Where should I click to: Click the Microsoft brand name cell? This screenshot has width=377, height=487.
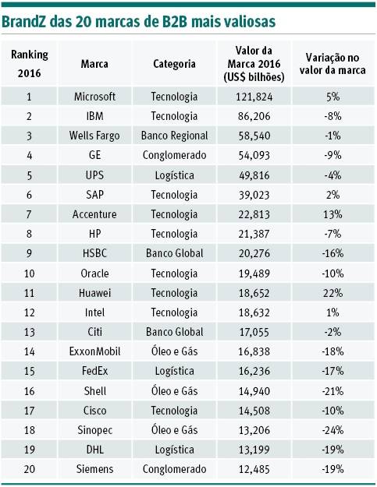click(x=94, y=97)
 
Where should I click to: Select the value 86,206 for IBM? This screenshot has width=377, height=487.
click(x=254, y=116)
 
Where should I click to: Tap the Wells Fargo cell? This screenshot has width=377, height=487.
click(x=94, y=136)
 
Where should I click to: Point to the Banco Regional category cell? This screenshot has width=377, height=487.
click(x=174, y=136)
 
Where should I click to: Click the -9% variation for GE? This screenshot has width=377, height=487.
click(x=333, y=155)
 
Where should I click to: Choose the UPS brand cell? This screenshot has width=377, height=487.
click(x=94, y=175)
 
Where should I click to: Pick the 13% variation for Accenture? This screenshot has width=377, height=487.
click(x=333, y=214)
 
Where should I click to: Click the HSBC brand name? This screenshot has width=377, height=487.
click(x=94, y=253)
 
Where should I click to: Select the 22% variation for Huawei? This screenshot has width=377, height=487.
click(x=333, y=293)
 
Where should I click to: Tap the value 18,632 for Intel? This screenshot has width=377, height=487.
click(x=254, y=312)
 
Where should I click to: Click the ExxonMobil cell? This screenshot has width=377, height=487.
click(x=94, y=351)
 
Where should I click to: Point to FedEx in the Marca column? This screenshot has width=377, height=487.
click(x=94, y=371)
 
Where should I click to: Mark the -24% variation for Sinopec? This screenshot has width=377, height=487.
click(x=333, y=430)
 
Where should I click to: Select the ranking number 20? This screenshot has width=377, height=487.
click(x=29, y=469)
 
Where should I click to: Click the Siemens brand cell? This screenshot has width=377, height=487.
click(x=94, y=469)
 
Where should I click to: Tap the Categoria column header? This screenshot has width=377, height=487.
click(x=174, y=64)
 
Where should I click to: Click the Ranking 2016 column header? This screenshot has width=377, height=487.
click(x=29, y=64)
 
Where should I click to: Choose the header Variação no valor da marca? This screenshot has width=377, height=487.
click(x=333, y=64)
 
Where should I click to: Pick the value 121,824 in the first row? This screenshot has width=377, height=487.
click(x=254, y=97)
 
